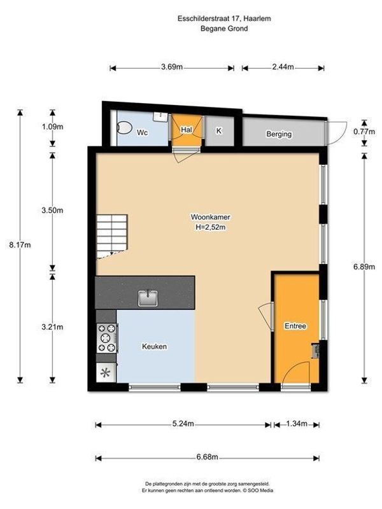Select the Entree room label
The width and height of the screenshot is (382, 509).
pyautogui.click(x=295, y=326)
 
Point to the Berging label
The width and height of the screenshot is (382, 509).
pyautogui.click(x=279, y=134)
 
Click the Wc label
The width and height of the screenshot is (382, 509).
pyautogui.click(x=143, y=132)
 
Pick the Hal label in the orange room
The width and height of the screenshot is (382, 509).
pyautogui.click(x=187, y=130)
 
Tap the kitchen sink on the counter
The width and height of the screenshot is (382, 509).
pyautogui.click(x=148, y=296)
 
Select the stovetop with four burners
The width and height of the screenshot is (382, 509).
pyautogui.click(x=106, y=338)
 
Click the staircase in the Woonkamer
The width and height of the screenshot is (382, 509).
pyautogui.click(x=111, y=235)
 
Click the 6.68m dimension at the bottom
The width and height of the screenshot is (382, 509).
pyautogui.click(x=206, y=457)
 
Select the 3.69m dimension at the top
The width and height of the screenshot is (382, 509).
pyautogui.click(x=172, y=67)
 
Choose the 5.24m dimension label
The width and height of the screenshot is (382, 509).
pyautogui.click(x=183, y=424)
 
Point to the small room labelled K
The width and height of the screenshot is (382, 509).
pyautogui.click(x=218, y=131)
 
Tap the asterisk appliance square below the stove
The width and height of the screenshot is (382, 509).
pyautogui.click(x=105, y=373)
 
